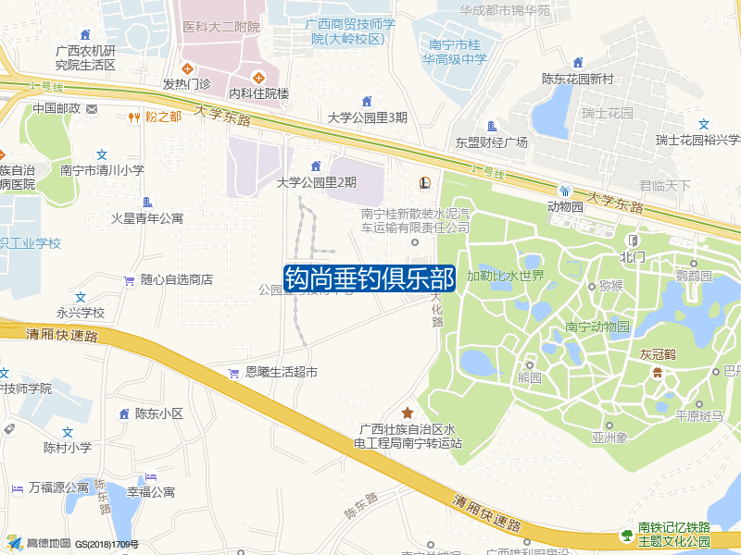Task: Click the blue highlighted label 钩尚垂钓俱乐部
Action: click(370, 277)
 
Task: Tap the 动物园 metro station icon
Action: click(564, 191)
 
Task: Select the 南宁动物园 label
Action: click(597, 327)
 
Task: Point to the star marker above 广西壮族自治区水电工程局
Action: click(407, 413)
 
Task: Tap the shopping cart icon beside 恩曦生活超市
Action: click(233, 373)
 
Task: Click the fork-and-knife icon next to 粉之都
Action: click(134, 117)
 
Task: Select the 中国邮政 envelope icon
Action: click(91, 109)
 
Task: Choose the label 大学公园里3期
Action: click(367, 117)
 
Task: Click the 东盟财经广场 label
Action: click(491, 142)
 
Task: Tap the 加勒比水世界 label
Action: click(505, 276)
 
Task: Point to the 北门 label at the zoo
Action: click(633, 256)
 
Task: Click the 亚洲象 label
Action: click(610, 438)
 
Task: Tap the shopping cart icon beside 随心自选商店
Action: click(130, 279)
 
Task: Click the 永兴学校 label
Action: click(81, 313)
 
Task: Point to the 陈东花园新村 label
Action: click(578, 79)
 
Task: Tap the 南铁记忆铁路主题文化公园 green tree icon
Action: click(627, 535)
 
